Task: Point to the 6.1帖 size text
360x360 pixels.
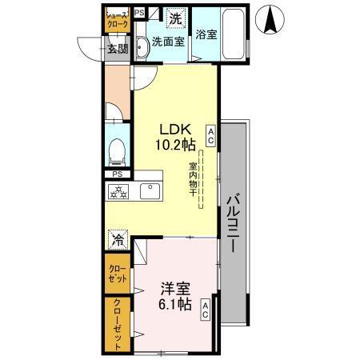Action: [173, 305]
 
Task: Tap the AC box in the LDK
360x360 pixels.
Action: [210, 135]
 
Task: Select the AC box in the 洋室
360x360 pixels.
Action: [206, 309]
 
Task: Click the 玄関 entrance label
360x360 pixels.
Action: [118, 48]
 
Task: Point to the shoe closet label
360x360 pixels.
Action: [118, 19]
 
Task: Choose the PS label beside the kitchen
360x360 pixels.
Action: [117, 174]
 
